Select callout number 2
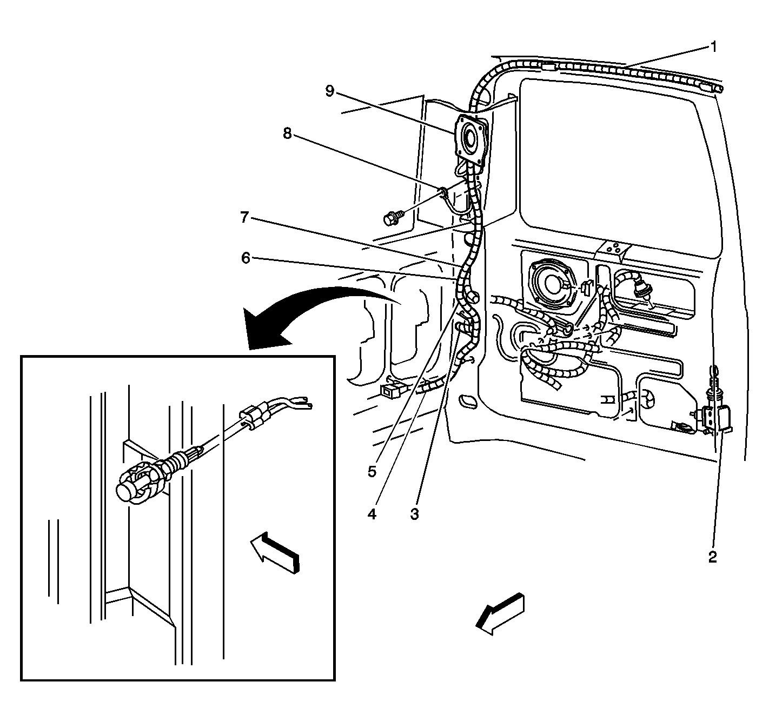(712, 557)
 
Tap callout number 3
(414, 514)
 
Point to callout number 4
(372, 514)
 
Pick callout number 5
(372, 471)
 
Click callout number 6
(246, 258)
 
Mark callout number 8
(287, 133)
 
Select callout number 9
(330, 91)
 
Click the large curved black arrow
(303, 313)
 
